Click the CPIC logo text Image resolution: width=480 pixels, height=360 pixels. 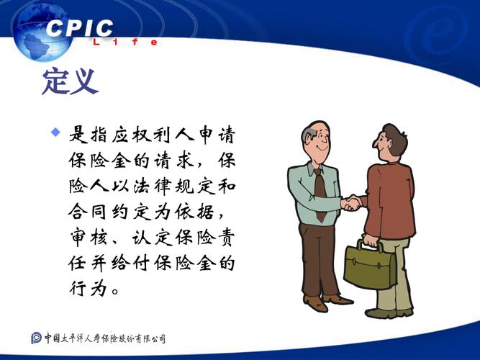point(80,28)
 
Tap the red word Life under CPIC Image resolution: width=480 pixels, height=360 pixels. point(125,42)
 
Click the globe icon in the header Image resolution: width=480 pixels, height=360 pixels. point(43,33)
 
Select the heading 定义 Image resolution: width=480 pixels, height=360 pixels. point(70,82)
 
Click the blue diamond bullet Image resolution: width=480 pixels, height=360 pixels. point(55,132)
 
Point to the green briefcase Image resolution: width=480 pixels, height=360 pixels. point(370,265)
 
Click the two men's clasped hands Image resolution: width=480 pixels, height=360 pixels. point(351,203)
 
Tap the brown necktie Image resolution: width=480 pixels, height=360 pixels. point(320,194)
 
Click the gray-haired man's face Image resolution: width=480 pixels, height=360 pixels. point(318,142)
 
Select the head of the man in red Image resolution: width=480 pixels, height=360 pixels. point(390,143)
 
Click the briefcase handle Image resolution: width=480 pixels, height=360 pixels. point(371,245)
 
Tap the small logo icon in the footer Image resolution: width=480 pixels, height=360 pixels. point(36,338)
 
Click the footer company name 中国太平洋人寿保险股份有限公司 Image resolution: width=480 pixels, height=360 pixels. point(105,338)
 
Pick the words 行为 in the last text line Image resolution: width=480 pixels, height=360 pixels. point(89,288)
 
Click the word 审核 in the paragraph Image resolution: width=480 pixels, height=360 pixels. point(89,237)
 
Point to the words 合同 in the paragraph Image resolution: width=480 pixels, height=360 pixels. point(89,212)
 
